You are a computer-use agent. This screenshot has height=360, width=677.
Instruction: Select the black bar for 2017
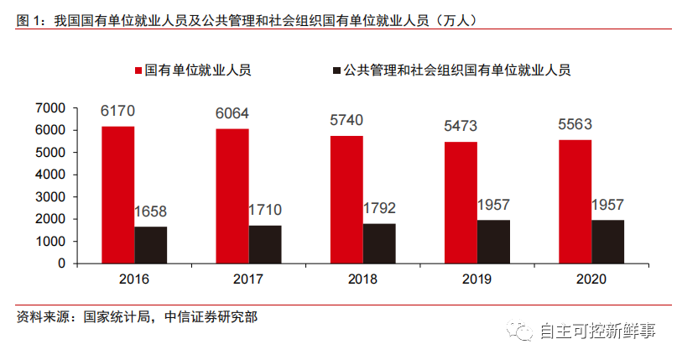(264, 244)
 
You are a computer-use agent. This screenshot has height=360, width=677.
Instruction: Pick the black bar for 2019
(493, 242)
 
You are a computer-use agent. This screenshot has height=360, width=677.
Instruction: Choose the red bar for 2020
(575, 201)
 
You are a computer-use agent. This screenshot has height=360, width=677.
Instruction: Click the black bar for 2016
(151, 245)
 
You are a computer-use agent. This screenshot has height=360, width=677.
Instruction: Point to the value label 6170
(117, 111)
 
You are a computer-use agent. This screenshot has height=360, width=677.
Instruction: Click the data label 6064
(232, 114)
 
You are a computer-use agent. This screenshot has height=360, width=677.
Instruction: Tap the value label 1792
(378, 208)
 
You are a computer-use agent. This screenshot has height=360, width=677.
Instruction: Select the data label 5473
(461, 127)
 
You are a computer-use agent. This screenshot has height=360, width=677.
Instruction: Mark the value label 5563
(575, 124)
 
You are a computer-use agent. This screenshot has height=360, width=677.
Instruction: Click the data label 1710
(264, 210)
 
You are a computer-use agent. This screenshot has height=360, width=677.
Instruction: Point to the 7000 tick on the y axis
(49, 108)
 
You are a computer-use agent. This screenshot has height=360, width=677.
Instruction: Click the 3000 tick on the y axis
(49, 196)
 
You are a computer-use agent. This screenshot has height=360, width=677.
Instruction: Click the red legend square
(138, 70)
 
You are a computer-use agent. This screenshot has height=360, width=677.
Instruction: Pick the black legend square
(336, 70)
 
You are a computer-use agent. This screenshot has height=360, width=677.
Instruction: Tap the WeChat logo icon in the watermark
(524, 333)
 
